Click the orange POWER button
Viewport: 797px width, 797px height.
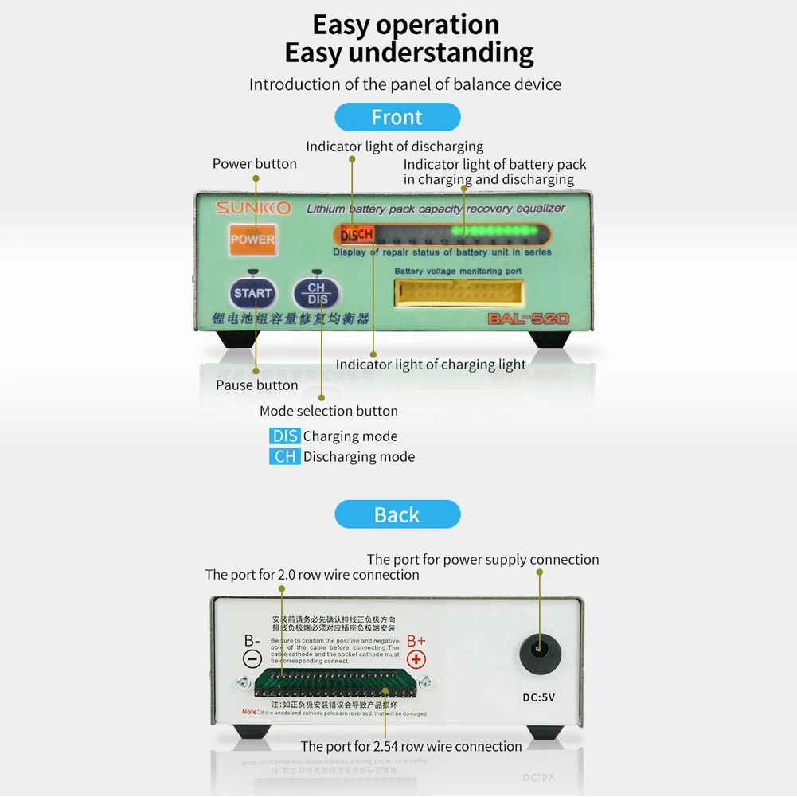click(x=252, y=239)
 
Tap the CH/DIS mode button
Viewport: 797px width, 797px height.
click(x=316, y=294)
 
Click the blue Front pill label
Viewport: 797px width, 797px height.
click(x=397, y=117)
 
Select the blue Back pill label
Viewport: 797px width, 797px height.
click(x=397, y=514)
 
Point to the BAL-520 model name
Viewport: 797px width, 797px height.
click(x=529, y=319)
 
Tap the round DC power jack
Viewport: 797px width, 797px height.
click(x=540, y=654)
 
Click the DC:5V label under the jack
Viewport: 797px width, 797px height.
click(x=539, y=697)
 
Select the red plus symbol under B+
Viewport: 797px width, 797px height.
click(x=416, y=659)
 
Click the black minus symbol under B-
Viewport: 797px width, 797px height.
click(x=252, y=659)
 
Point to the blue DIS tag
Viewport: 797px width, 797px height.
click(x=284, y=436)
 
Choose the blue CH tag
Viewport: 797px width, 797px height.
click(x=284, y=456)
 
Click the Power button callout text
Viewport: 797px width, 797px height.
click(x=254, y=164)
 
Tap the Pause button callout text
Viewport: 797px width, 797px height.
click(x=256, y=385)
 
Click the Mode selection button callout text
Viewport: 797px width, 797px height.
click(x=328, y=411)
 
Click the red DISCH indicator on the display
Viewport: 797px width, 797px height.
click(x=356, y=235)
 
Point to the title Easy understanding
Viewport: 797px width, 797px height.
click(x=409, y=53)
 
